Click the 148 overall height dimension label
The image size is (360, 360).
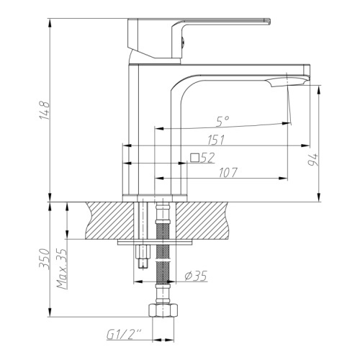coord(45,110)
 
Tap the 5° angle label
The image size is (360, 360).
coord(222,121)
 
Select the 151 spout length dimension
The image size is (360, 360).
coord(216,140)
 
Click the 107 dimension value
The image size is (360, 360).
coord(228,173)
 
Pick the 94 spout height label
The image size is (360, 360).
coord(313,160)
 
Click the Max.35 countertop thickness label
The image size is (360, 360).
coord(61,269)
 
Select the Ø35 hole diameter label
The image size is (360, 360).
coord(196,276)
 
